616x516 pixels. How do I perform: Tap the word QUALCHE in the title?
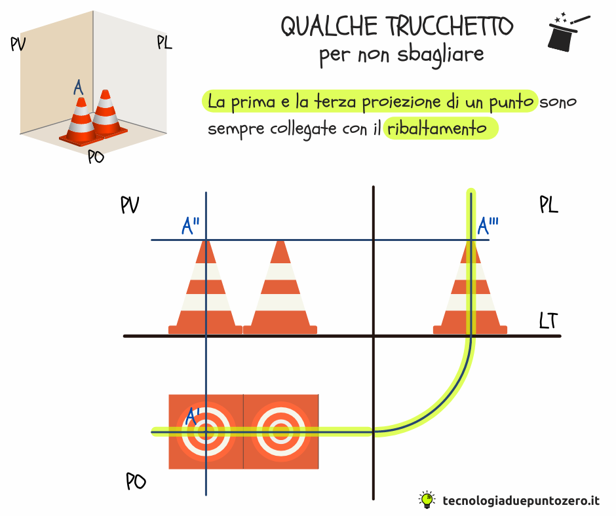pyautogui.click(x=329, y=27)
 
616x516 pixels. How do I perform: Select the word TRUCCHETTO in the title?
pyautogui.click(x=451, y=26)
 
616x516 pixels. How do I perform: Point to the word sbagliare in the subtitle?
pyautogui.click(x=440, y=55)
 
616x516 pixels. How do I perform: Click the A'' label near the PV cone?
pyautogui.click(x=191, y=226)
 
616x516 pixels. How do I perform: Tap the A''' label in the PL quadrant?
pyautogui.click(x=488, y=226)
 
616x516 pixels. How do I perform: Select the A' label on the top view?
pyautogui.click(x=193, y=416)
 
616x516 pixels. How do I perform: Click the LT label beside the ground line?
pyautogui.click(x=549, y=321)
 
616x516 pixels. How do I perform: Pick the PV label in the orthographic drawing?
pyautogui.click(x=130, y=204)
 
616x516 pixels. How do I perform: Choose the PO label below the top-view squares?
pyautogui.click(x=136, y=481)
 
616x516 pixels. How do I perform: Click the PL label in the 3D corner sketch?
pyautogui.click(x=164, y=43)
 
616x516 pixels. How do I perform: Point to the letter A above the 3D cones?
pyautogui.click(x=79, y=87)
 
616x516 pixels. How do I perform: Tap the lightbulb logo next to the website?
pyautogui.click(x=427, y=500)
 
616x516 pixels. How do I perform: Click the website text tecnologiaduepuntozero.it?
pyautogui.click(x=522, y=501)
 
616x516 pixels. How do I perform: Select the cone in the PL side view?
pyautogui.click(x=471, y=287)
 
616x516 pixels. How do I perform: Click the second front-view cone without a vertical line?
pyautogui.click(x=280, y=287)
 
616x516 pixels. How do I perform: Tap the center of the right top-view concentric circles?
pyautogui.click(x=281, y=432)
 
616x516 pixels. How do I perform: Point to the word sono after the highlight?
pyautogui.click(x=558, y=102)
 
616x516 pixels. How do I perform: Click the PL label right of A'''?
pyautogui.click(x=549, y=204)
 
